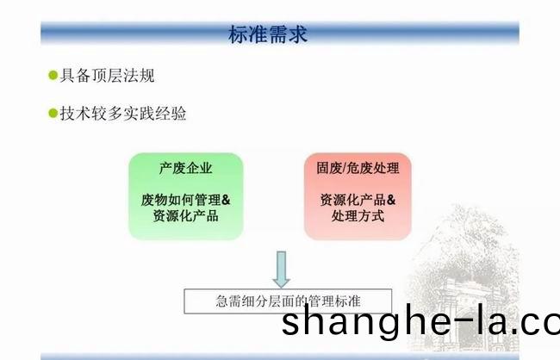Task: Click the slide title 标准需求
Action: coord(268,34)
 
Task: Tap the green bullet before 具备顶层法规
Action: coord(53,75)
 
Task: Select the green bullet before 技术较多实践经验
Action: coord(53,113)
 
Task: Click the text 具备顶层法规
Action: coord(107,75)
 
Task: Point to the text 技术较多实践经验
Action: coord(123,113)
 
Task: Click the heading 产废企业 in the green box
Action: coord(186,168)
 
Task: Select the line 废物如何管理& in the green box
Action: coord(186,200)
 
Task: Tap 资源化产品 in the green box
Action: coord(186,215)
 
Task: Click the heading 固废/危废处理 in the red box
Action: coord(358,168)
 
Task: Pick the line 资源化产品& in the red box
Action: coord(358,200)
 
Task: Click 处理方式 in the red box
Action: coord(358,215)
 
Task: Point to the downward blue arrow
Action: coord(282,270)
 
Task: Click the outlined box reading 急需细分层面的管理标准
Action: coord(288,301)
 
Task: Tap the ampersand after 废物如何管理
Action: coord(226,200)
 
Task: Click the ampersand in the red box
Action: coord(391,200)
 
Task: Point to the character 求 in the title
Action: coord(298,34)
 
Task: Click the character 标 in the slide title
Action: coord(238,34)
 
